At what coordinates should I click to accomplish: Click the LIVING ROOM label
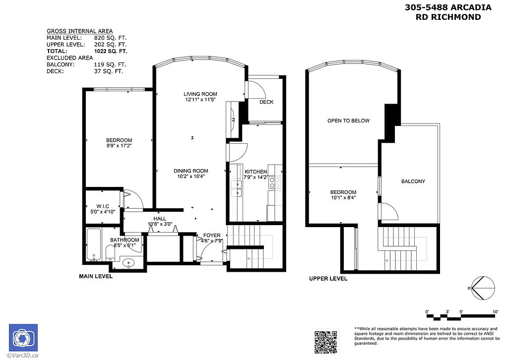point(200,94)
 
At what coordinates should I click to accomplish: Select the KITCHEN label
point(256,172)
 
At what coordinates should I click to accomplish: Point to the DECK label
point(266,102)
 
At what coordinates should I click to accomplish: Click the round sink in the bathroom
point(128,263)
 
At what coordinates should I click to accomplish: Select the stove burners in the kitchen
point(274,182)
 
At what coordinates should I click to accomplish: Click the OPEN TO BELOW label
point(348,120)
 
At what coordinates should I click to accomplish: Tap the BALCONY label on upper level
point(413,181)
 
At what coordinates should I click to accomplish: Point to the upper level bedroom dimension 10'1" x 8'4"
point(343,198)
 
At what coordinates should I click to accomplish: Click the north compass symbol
point(482,288)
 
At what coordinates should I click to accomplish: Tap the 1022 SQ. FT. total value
point(111,51)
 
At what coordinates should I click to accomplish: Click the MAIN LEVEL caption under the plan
point(96,276)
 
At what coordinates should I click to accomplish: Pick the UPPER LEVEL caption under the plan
point(328,279)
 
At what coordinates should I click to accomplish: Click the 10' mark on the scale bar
point(495,311)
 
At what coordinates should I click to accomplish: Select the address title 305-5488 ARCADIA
point(448,7)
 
